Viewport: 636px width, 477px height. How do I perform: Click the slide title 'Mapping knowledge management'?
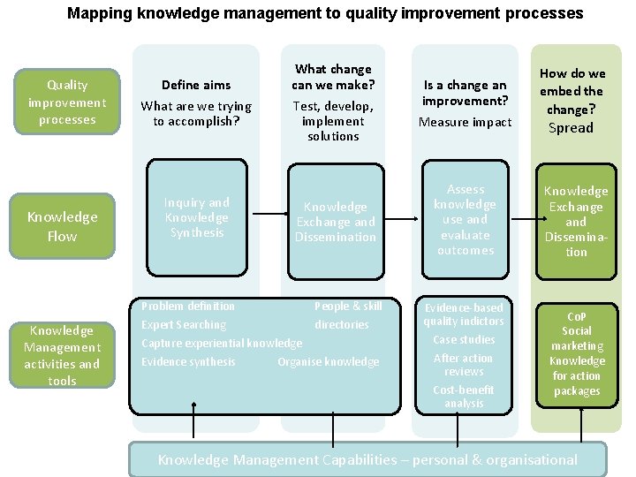(325, 13)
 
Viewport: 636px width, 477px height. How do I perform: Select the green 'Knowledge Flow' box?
(62, 226)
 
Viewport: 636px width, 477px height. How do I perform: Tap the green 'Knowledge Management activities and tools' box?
(62, 355)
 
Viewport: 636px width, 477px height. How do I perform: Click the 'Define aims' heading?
(195, 85)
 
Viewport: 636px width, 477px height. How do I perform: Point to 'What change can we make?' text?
(333, 77)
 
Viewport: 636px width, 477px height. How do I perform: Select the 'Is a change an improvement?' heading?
(465, 93)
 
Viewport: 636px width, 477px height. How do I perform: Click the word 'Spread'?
(571, 128)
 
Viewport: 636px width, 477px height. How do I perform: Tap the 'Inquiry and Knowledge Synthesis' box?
(196, 217)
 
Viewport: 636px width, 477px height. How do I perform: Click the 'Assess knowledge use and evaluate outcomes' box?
(465, 220)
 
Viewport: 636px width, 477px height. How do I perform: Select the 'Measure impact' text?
(465, 122)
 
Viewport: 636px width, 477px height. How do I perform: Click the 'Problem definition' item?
(188, 307)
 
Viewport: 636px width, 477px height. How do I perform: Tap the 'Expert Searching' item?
(184, 325)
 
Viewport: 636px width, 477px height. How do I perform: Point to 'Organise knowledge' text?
(328, 362)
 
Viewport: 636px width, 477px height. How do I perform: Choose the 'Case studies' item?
(464, 340)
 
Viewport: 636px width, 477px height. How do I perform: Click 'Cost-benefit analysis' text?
(464, 397)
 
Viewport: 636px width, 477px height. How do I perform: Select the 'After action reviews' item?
(464, 365)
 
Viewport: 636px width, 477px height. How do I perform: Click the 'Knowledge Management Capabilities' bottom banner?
(367, 459)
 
